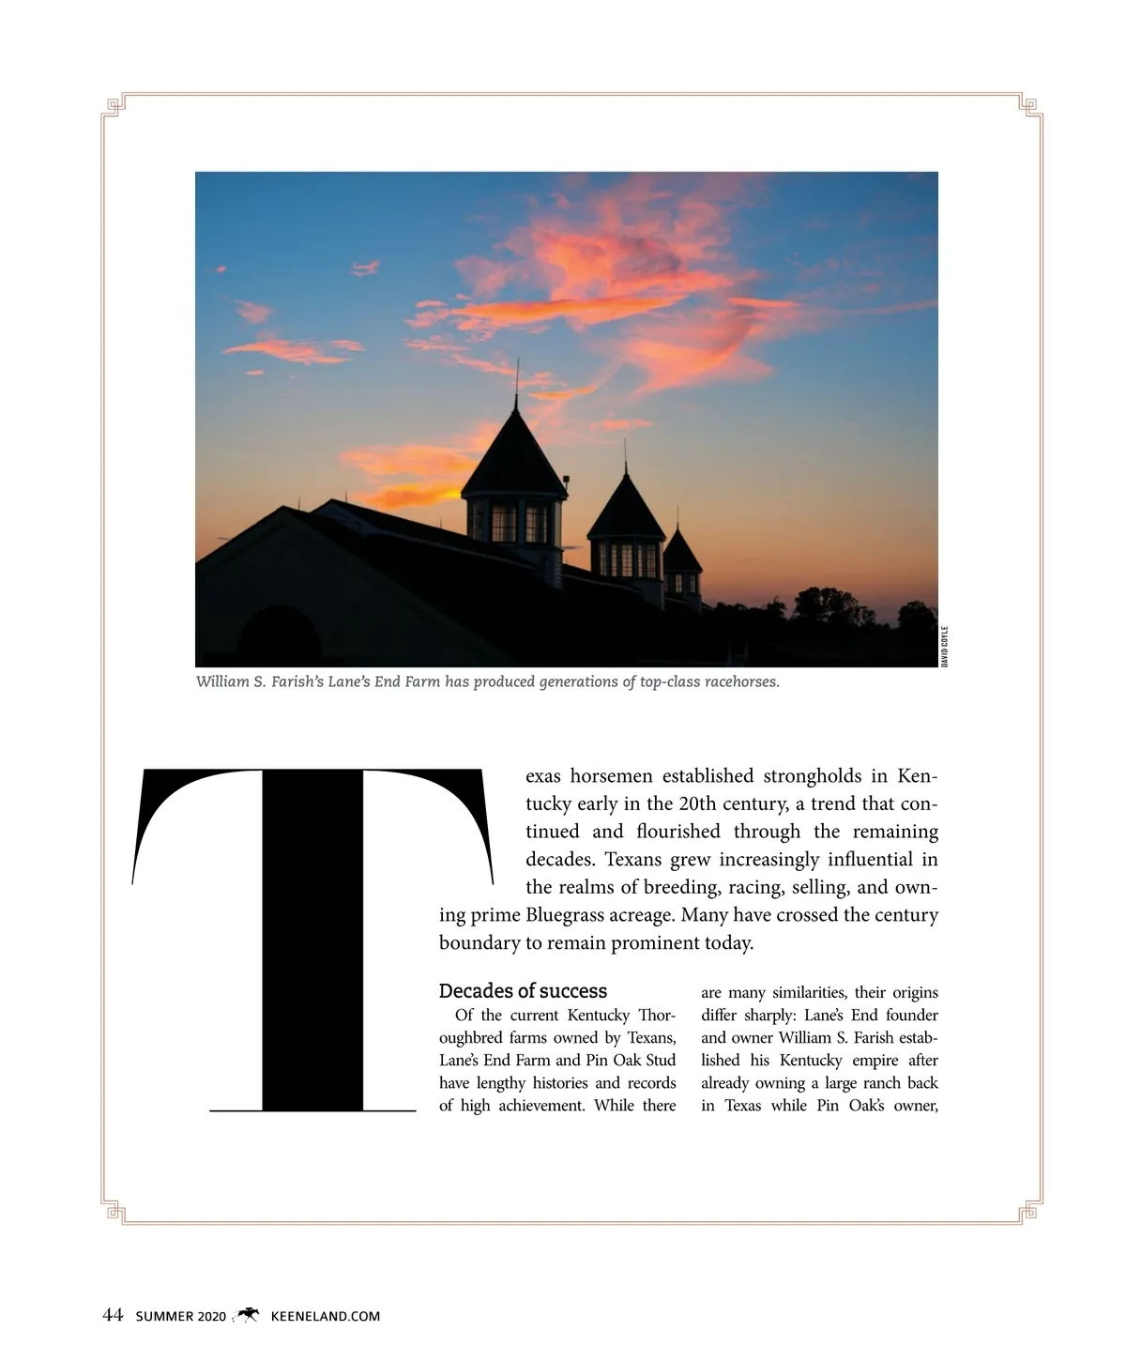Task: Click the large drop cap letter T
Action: point(312,939)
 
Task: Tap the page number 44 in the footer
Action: point(113,1316)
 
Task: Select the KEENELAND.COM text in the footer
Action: point(325,1317)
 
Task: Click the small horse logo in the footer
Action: point(248,1315)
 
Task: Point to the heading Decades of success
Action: point(523,991)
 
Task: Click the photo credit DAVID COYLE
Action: point(945,647)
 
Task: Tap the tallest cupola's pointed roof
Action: point(515,446)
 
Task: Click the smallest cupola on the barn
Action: point(682,563)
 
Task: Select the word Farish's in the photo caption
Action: point(297,681)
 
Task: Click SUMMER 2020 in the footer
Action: point(181,1317)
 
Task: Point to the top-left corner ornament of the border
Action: point(114,106)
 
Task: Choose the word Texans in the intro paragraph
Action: point(633,860)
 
